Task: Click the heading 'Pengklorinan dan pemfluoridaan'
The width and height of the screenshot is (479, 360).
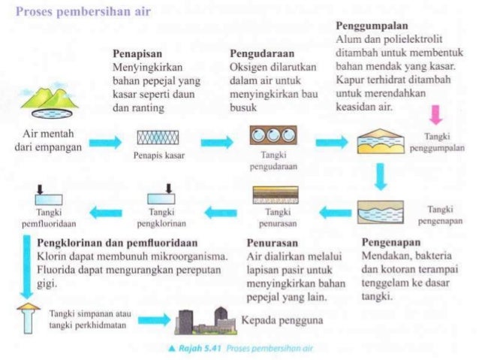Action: [117, 243]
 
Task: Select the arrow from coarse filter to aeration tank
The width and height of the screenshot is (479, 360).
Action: [217, 141]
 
